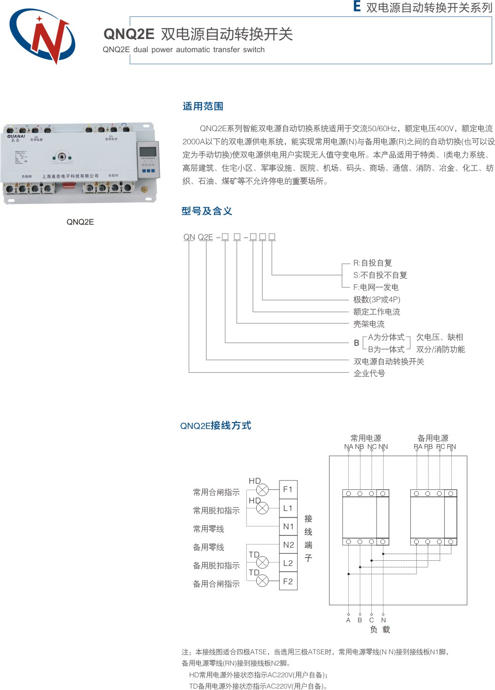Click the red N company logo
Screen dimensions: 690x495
42,36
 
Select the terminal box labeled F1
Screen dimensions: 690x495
288,489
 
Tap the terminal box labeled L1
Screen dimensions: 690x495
288,508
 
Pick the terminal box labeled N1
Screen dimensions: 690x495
288,526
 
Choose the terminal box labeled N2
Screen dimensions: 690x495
288,545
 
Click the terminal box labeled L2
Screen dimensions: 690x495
288,563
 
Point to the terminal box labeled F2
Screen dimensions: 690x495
288,581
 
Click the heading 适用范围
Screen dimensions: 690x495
203,106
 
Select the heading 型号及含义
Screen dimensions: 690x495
207,211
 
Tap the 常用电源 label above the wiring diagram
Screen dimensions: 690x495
366,438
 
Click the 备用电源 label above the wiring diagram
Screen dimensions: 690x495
433,438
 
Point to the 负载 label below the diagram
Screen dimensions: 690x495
380,629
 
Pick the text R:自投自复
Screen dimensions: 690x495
373,263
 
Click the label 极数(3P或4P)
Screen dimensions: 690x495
377,299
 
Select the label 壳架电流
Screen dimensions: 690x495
369,324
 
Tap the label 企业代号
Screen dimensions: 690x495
369,373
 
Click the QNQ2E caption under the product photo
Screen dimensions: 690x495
80,222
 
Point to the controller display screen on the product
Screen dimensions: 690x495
148,151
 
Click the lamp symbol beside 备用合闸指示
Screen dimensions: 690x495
262,581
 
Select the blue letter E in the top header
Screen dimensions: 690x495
357,7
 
